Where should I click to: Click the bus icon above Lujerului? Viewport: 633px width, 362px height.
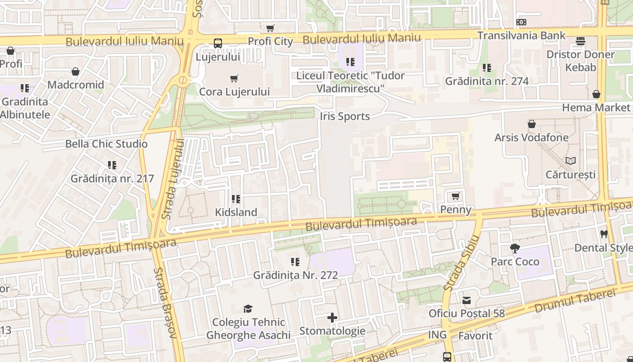(218, 43)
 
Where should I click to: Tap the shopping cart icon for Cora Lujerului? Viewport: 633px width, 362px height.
(234, 79)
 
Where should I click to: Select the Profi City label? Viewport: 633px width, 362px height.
(270, 41)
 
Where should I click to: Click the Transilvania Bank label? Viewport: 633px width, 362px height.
(521, 35)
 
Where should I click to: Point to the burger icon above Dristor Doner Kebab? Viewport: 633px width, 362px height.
(581, 41)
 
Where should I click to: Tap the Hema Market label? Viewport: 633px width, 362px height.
(596, 107)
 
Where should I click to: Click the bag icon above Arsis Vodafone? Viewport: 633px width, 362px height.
(532, 124)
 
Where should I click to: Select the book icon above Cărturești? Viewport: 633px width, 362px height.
(571, 161)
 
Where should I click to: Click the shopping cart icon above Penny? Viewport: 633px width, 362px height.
(456, 196)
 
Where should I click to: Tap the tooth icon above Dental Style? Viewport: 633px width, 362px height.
(604, 234)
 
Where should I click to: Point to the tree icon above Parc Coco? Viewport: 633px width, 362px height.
(515, 248)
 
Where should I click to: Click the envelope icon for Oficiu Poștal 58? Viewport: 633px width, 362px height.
(467, 300)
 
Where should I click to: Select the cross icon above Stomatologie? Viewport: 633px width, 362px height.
(332, 318)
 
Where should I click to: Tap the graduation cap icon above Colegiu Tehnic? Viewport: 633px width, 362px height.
(248, 309)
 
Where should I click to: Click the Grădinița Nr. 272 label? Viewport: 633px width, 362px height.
(295, 275)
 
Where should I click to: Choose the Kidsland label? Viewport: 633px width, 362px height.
(236, 212)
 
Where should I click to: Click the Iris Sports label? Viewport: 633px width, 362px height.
(345, 116)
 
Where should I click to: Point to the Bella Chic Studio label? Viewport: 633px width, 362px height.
(106, 144)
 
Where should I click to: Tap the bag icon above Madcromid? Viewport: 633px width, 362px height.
(76, 71)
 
